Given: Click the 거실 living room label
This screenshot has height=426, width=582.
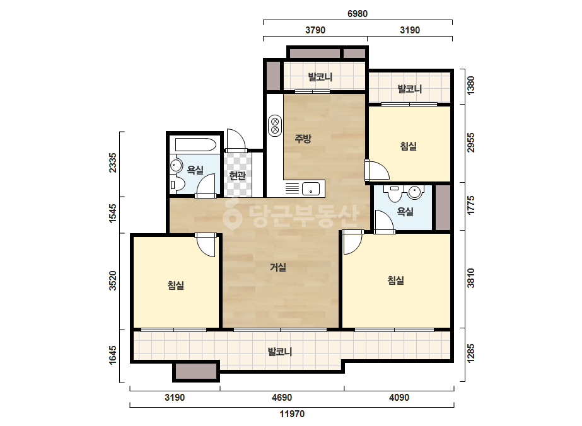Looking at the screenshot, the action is (277, 267).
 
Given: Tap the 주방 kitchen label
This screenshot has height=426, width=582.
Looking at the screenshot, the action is (303, 139).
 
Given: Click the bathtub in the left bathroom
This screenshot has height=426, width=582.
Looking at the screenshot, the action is (195, 144).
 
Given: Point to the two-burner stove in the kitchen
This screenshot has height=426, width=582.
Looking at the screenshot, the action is (275, 125).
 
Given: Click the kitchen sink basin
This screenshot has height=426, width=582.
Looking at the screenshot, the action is (311, 188).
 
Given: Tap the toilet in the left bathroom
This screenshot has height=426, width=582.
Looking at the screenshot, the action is (177, 185).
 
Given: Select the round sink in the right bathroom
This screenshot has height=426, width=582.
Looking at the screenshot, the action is (414, 192).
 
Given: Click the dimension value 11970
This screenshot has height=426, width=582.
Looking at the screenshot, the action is (292, 414).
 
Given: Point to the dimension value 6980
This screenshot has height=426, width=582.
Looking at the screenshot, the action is (358, 14).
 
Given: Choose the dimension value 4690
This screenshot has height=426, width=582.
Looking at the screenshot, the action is (282, 398).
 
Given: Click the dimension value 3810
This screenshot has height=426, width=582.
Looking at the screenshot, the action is (470, 278).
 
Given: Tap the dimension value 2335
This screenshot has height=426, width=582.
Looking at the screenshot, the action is (112, 163).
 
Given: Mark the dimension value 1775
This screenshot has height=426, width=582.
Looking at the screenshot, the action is (470, 205).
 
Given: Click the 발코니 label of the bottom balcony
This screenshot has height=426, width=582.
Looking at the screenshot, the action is (280, 351).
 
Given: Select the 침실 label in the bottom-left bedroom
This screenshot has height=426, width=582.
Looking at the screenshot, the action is (175, 285).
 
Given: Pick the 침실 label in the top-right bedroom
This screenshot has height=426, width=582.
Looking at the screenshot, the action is (409, 146).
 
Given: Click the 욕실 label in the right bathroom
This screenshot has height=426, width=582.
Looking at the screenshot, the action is (405, 211).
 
